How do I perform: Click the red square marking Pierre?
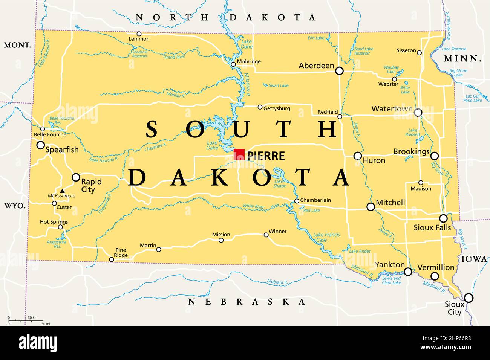coord(239,154)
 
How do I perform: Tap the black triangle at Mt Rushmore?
coord(62,191)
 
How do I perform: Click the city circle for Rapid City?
coord(76,177)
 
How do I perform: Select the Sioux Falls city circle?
coord(443,218)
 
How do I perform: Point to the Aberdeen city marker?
coord(339,70)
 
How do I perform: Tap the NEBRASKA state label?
coord(247,302)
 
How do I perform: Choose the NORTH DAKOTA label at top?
coord(225,17)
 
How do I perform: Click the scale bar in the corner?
coord(28,320)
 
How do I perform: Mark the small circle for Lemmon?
coord(139,34)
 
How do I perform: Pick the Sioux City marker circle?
coord(468,298)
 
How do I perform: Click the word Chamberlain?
coord(315,200)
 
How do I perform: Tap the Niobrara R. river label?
coord(277,282)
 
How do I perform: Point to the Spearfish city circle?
coord(40,145)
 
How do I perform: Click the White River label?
coord(253,206)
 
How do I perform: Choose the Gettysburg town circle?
coord(260,107)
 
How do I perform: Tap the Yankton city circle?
coord(408,272)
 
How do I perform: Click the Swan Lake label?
coord(279,85)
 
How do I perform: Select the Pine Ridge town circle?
coord(112,259)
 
